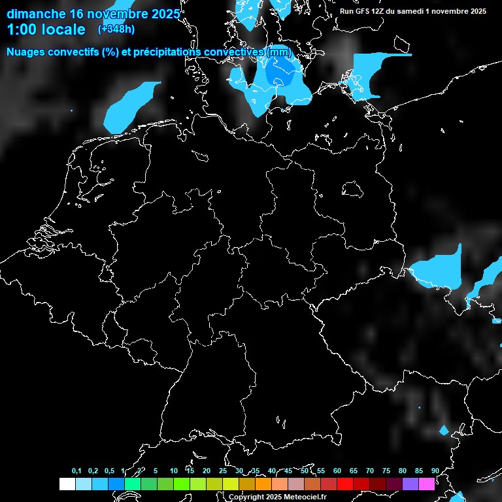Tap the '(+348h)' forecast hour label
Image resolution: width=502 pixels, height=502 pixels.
click(x=116, y=29)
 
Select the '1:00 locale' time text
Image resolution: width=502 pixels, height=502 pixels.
click(x=46, y=30)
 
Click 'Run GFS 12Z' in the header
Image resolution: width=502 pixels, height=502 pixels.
click(x=362, y=11)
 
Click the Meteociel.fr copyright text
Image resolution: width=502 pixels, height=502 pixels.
click(x=277, y=497)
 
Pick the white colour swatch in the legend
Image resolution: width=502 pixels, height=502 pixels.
click(x=67, y=484)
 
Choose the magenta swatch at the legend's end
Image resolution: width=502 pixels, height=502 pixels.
click(x=427, y=484)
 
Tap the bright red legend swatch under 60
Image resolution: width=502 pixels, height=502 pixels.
click(x=345, y=484)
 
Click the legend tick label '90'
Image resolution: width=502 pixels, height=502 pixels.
click(x=435, y=471)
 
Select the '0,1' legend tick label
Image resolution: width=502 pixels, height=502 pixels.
click(x=76, y=471)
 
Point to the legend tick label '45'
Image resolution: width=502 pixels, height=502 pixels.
click(x=288, y=471)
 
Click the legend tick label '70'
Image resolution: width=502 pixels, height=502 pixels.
click(x=370, y=471)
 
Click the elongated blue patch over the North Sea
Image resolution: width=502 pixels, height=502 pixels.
click(x=131, y=105)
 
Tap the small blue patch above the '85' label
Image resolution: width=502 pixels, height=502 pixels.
click(x=444, y=430)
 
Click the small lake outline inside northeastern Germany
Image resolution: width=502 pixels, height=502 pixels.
click(x=353, y=189)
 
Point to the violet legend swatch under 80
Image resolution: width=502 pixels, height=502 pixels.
click(x=410, y=484)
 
